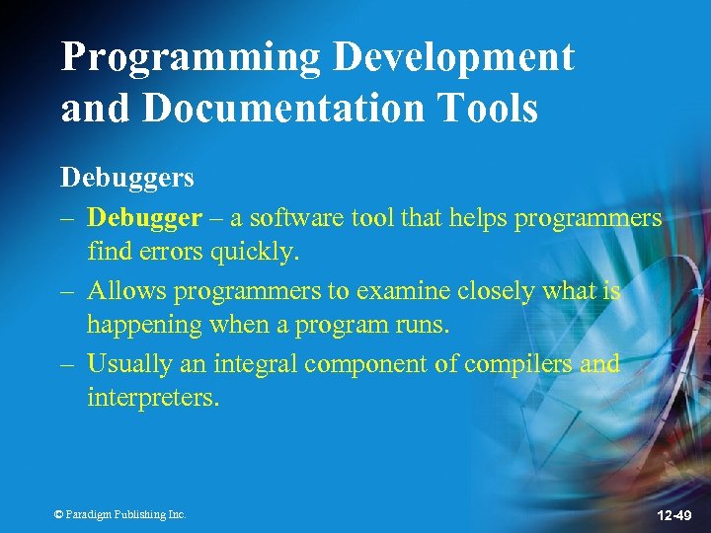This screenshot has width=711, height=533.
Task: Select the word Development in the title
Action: pos(453,58)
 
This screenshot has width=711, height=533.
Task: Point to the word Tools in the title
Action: pos(489,109)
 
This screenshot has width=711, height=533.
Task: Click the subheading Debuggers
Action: pos(127,178)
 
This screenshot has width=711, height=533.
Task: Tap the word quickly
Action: pos(252,252)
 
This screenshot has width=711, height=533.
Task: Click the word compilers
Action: pos(518,363)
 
